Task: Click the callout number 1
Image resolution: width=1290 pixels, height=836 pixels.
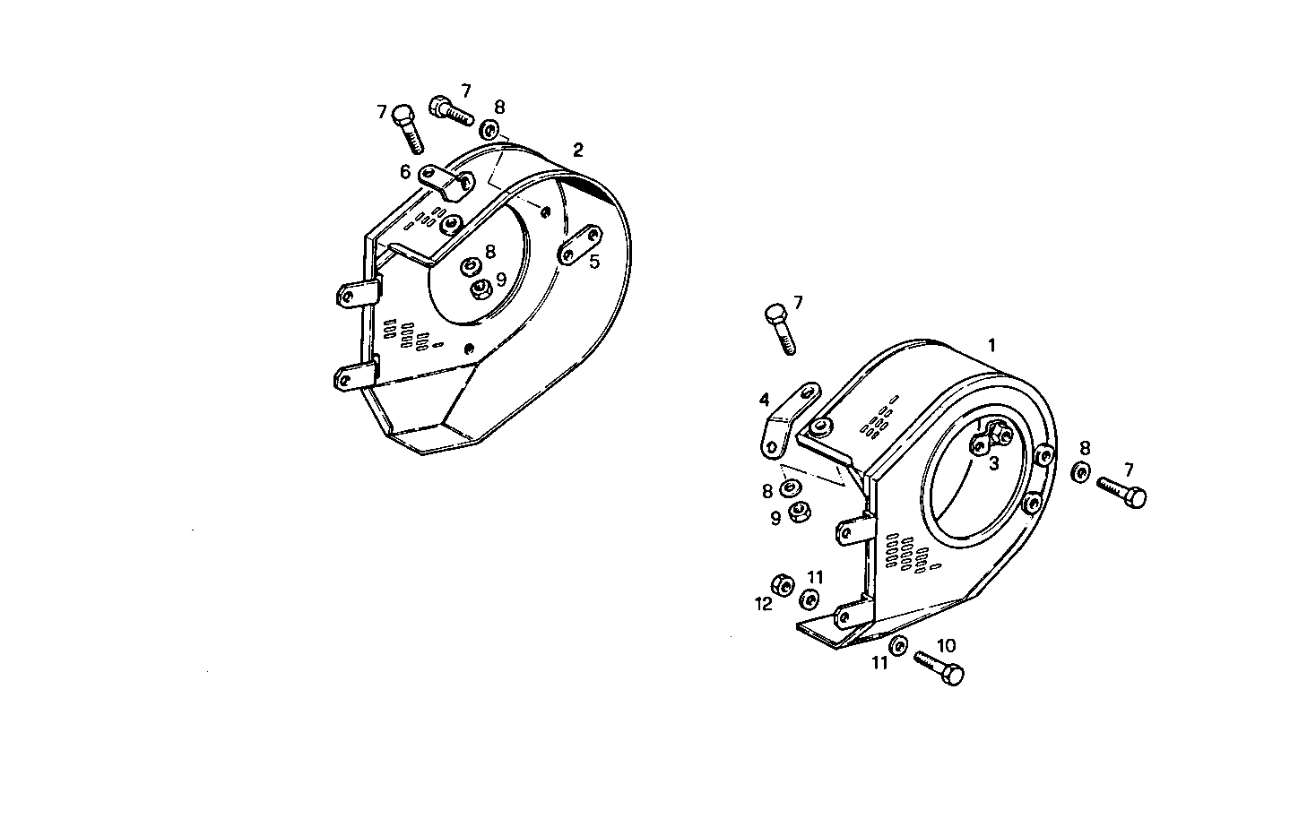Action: [x=991, y=345]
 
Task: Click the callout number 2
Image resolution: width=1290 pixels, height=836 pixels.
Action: [x=578, y=150]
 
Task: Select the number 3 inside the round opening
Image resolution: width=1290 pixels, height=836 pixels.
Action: [x=993, y=463]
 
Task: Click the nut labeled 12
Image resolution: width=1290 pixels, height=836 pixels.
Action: [x=783, y=586]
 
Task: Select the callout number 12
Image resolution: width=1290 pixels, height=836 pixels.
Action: [x=763, y=605]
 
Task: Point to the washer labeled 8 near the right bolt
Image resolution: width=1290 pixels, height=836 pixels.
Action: [x=1082, y=472]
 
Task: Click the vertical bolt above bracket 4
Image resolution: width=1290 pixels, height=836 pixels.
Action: [x=780, y=328]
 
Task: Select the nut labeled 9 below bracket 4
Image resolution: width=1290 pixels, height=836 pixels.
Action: [x=798, y=514]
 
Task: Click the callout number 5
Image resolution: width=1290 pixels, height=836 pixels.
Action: [x=593, y=262]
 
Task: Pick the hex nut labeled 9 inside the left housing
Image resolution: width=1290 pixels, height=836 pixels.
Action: [x=481, y=289]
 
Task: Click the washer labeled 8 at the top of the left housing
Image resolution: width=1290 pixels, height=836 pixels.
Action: [x=489, y=129]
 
